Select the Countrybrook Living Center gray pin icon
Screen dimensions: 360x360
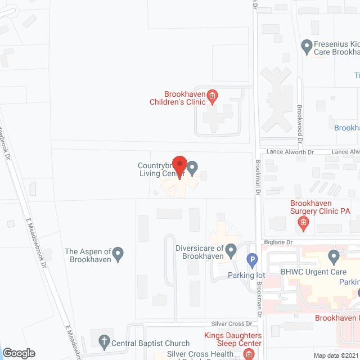pyautogui.click(x=192, y=168)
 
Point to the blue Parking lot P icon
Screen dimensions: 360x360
pyautogui.click(x=253, y=262)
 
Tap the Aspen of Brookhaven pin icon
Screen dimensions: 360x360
pyautogui.click(x=118, y=255)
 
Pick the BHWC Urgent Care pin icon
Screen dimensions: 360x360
pyautogui.click(x=334, y=258)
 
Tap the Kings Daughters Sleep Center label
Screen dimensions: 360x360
pyautogui.click(x=233, y=339)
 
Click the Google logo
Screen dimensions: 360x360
pyautogui.click(x=19, y=353)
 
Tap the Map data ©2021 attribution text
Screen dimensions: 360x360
pyautogui.click(x=335, y=355)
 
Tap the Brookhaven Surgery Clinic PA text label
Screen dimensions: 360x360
pyautogui.click(x=319, y=207)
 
